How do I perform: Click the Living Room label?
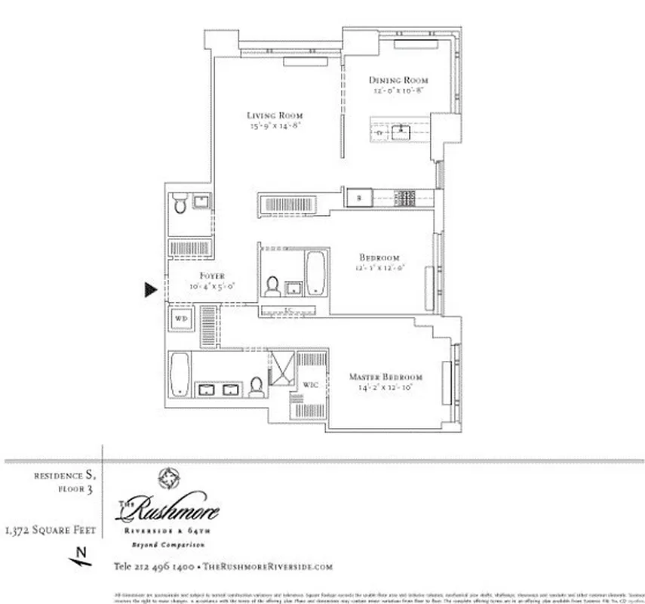point(275,116)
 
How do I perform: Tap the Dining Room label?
point(398,80)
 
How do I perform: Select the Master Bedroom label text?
point(385,377)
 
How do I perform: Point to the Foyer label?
point(212,276)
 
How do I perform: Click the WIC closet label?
point(310,385)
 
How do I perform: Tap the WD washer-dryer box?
point(181,319)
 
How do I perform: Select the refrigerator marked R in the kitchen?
point(360,199)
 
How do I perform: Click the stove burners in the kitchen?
point(407,199)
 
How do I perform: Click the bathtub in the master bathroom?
point(179,374)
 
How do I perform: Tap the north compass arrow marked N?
point(81,558)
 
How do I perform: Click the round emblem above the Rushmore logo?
point(167,479)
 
